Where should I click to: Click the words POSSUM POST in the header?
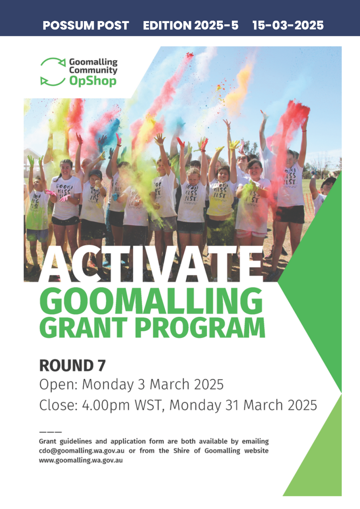click(86, 25)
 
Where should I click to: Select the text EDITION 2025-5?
click(191, 25)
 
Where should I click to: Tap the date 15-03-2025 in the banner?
click(288, 25)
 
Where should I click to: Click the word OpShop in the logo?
click(93, 81)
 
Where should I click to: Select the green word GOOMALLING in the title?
click(151, 301)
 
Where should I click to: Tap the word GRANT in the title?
click(84, 328)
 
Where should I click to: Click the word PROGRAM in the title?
click(200, 328)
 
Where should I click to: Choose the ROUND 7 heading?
click(72, 365)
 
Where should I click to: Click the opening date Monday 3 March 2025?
click(153, 385)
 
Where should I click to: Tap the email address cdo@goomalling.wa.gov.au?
click(82, 451)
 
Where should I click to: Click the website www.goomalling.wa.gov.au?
click(81, 460)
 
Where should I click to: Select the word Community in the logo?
click(93, 70)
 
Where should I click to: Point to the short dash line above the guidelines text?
click(51, 432)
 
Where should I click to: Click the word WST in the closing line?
click(149, 405)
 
